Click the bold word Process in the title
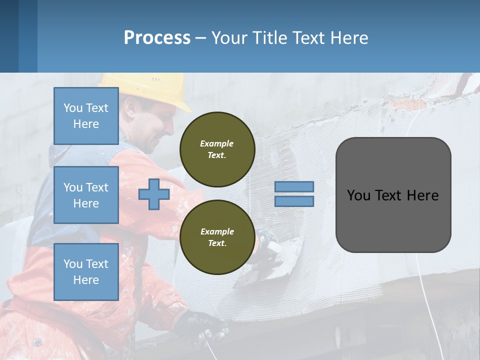(x=157, y=38)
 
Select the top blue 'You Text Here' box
(x=86, y=116)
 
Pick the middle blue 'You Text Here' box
(x=86, y=195)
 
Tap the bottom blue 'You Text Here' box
(x=86, y=272)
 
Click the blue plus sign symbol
(x=153, y=194)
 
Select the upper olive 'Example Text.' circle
(x=217, y=149)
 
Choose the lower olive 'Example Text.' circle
(x=217, y=237)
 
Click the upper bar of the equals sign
(x=294, y=186)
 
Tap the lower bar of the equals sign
(x=294, y=201)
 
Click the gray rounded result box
(x=393, y=195)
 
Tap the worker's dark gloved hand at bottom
(x=202, y=325)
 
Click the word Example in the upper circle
(x=217, y=143)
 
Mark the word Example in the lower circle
(x=217, y=231)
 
